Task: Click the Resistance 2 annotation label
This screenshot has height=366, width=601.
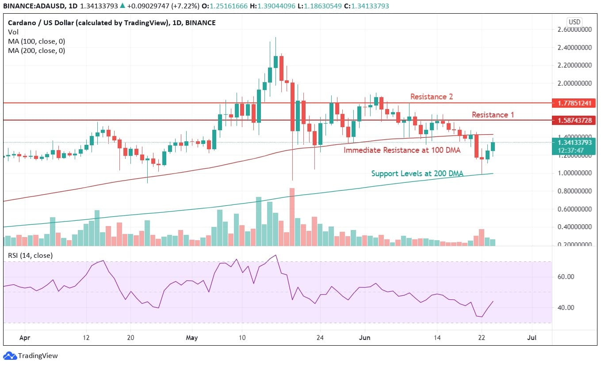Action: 431,96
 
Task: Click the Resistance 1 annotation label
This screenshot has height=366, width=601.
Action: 493,115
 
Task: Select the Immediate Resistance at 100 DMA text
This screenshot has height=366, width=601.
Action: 402,150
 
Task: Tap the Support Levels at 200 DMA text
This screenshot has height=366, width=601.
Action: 417,174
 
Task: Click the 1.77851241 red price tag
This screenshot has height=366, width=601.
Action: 574,103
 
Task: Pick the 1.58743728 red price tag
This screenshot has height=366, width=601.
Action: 574,120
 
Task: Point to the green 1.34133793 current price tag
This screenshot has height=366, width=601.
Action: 574,143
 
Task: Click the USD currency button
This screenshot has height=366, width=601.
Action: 574,22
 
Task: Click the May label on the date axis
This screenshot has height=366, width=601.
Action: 191,338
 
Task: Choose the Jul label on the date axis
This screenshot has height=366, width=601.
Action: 532,338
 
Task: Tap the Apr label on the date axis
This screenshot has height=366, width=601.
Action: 25,338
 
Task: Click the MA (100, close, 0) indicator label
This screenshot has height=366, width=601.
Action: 36,41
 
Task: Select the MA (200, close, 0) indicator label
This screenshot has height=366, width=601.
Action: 36,50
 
